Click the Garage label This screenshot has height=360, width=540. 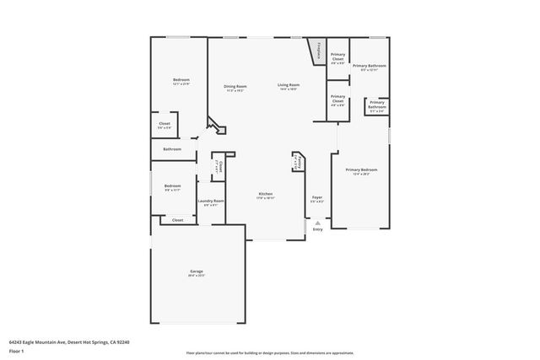196,271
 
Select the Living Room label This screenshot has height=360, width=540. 289,85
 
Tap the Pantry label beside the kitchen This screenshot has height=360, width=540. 297,162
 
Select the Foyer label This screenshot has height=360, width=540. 317,198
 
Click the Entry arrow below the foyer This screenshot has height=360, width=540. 317,223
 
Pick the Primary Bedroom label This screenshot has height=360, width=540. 361,169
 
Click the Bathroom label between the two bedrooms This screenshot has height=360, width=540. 172,149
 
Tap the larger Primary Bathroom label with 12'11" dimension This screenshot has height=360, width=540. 370,66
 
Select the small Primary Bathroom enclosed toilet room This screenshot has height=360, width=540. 376,105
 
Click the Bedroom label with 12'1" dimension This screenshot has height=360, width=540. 181,80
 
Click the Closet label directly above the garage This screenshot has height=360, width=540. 177,220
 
